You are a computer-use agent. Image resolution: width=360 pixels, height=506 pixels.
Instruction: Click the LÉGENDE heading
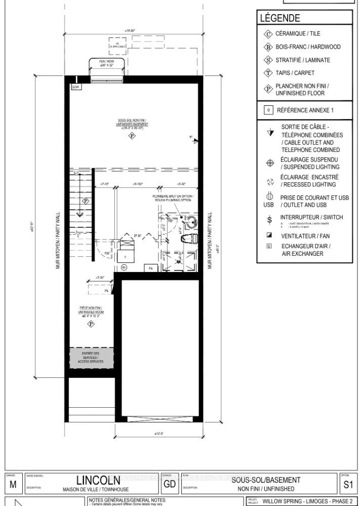(x=280, y=19)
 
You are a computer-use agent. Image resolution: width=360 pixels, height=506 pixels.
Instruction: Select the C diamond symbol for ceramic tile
(x=268, y=34)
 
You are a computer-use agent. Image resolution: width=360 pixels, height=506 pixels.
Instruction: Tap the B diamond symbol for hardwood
(x=268, y=47)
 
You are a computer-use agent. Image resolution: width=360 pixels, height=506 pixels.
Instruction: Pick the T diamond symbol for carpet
(x=268, y=73)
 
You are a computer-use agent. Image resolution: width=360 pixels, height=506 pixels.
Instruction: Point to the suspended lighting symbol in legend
(x=269, y=163)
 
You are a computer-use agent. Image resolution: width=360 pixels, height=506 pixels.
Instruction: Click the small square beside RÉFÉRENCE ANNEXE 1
(x=268, y=110)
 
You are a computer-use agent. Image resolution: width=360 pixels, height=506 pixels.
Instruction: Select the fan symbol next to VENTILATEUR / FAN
(x=268, y=236)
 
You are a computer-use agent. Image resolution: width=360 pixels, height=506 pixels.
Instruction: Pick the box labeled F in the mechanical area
(x=126, y=257)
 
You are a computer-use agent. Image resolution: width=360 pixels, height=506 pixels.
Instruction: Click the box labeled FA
(x=150, y=267)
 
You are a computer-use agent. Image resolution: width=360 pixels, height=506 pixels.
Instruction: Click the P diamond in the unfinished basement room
(x=131, y=136)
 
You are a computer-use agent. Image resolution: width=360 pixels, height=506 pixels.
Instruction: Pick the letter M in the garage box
(x=13, y=485)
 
